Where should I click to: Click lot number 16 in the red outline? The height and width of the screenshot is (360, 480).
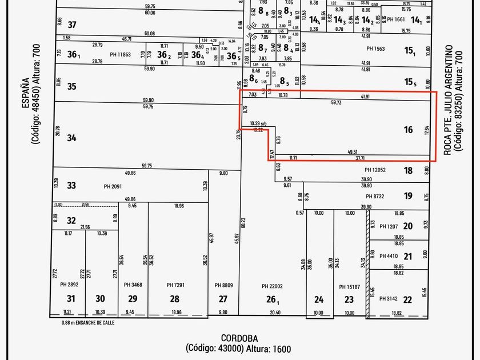(408, 130)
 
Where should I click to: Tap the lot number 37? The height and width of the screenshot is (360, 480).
(72, 25)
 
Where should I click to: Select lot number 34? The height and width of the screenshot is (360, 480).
(71, 138)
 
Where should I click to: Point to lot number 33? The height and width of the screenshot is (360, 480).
(71, 186)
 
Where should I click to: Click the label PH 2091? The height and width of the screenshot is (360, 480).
(113, 186)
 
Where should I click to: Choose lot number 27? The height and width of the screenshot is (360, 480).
(223, 299)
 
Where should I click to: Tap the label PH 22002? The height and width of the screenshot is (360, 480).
(273, 285)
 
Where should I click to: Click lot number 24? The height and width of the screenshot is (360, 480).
(318, 299)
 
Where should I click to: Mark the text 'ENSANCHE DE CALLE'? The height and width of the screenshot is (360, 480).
(102, 322)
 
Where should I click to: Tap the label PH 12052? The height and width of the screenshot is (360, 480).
(375, 170)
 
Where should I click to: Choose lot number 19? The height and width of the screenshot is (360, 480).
(408, 197)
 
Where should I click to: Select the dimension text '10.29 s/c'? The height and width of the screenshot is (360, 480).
(259, 123)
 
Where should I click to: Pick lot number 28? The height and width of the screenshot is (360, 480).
(175, 299)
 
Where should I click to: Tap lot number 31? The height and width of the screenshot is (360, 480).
(71, 299)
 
